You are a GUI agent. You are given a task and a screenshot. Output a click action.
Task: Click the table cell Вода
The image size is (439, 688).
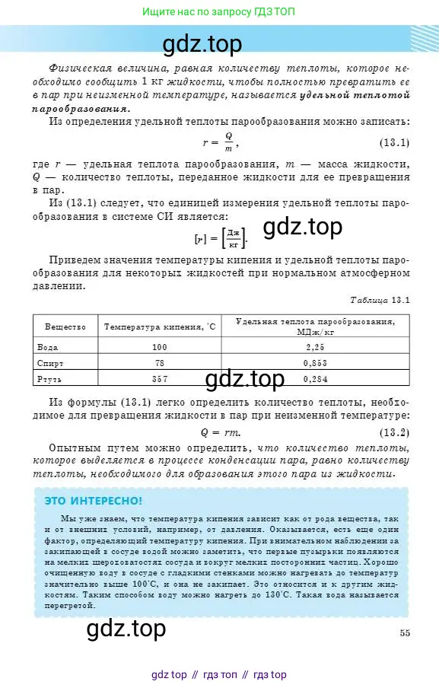[47, 347]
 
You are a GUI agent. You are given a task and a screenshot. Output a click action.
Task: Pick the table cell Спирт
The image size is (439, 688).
[50, 363]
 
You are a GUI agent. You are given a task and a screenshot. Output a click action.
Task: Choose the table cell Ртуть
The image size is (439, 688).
[50, 378]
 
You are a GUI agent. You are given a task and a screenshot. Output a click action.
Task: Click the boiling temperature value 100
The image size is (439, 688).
[159, 347]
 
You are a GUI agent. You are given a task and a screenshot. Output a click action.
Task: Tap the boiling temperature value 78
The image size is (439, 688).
[159, 363]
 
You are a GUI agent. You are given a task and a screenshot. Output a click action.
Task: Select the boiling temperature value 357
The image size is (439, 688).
[159, 378]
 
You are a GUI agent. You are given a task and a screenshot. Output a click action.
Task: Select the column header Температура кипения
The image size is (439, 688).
[160, 326]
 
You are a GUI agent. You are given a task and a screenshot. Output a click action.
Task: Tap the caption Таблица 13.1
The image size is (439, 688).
[380, 300]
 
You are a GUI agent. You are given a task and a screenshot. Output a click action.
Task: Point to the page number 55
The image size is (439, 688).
[404, 632]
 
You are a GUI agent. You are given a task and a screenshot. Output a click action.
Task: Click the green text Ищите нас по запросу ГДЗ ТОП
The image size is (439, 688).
[219, 12]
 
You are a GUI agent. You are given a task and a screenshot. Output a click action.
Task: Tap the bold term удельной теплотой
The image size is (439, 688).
[356, 96]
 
